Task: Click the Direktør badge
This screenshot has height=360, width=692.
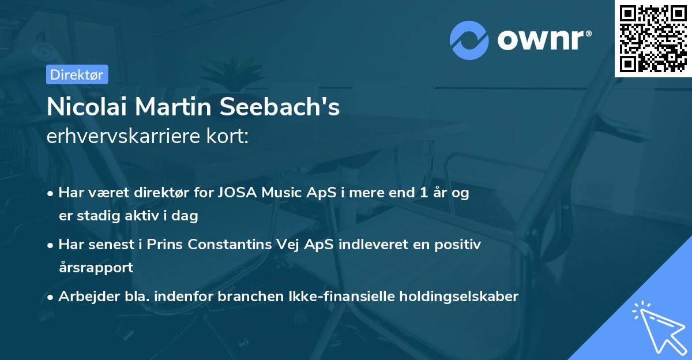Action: click(x=77, y=74)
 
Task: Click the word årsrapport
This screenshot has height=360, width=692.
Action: click(x=96, y=268)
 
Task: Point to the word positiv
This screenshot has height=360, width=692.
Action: click(x=458, y=245)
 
